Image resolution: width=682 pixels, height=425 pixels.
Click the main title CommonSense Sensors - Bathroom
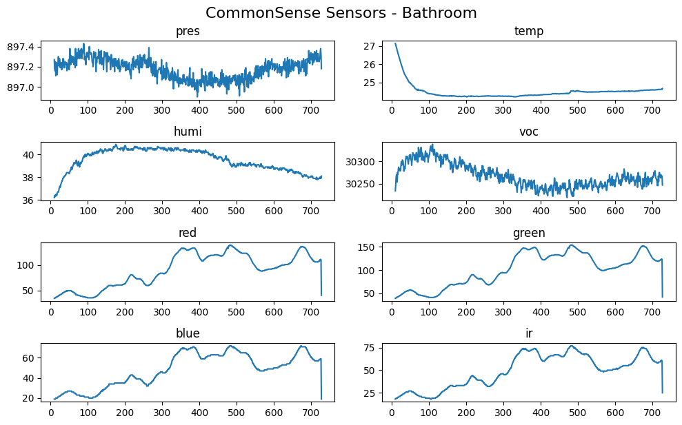tap(341, 13)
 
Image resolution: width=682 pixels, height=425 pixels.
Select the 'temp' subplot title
tap(529, 32)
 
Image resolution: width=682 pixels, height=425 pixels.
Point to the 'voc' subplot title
tap(529, 132)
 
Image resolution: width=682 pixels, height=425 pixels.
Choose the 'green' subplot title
tap(529, 233)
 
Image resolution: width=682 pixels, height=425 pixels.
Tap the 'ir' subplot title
tap(529, 333)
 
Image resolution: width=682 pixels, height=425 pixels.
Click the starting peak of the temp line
tap(395, 43)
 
